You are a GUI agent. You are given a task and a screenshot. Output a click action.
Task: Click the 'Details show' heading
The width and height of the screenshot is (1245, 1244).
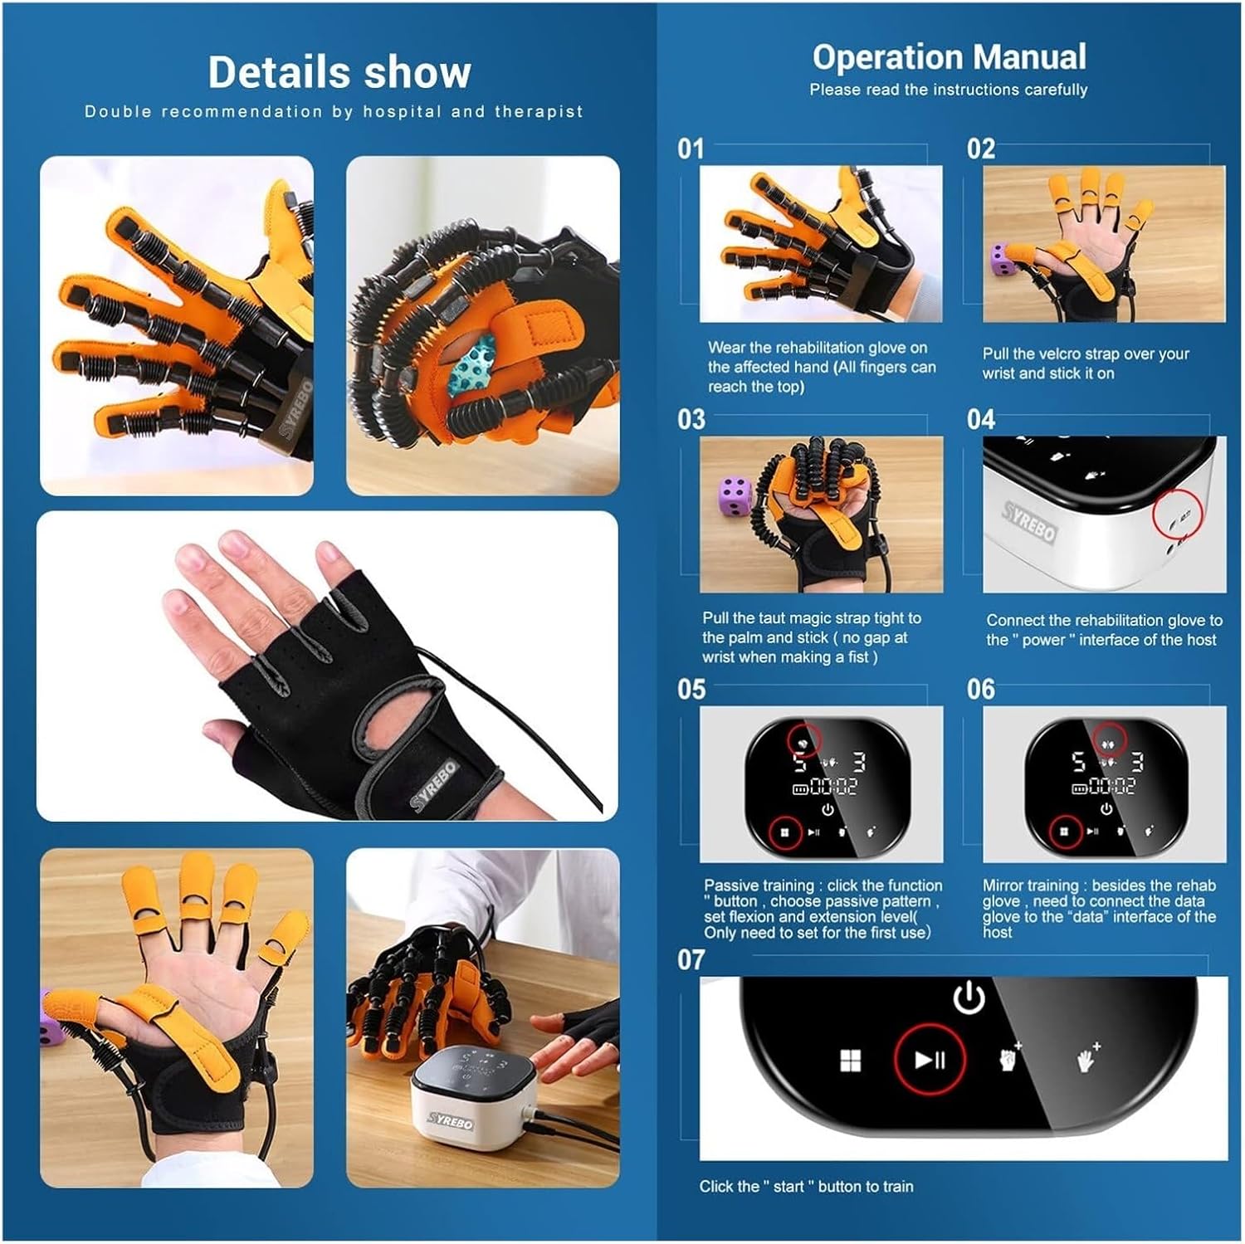pyautogui.click(x=339, y=72)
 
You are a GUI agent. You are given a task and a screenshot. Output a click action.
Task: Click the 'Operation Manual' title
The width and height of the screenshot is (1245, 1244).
pyautogui.click(x=949, y=57)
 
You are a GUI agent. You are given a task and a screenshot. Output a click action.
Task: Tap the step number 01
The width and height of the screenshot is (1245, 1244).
pyautogui.click(x=691, y=149)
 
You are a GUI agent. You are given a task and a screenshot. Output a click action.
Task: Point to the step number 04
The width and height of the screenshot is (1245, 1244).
pyautogui.click(x=980, y=419)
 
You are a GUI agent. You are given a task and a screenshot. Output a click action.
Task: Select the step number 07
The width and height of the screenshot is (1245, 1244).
pyautogui.click(x=691, y=960)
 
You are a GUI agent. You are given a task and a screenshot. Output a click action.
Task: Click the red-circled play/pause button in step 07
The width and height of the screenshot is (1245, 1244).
pyautogui.click(x=929, y=1060)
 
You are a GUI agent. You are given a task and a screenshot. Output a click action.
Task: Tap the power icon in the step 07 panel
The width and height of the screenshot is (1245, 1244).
pyautogui.click(x=969, y=998)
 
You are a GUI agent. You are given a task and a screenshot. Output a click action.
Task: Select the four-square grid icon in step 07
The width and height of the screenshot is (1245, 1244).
pyautogui.click(x=850, y=1061)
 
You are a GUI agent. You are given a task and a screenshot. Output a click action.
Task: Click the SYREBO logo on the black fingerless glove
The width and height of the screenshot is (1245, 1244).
pyautogui.click(x=433, y=785)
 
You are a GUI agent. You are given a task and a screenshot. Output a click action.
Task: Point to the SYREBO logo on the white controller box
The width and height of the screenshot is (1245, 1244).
pyautogui.click(x=451, y=1120)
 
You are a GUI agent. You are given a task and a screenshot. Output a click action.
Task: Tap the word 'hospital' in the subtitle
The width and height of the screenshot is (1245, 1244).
pyautogui.click(x=402, y=111)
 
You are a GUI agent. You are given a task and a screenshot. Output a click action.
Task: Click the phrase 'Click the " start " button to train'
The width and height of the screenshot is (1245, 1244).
pyautogui.click(x=806, y=1187)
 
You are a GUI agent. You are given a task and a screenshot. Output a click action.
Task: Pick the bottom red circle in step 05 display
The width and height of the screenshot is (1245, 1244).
pyautogui.click(x=784, y=832)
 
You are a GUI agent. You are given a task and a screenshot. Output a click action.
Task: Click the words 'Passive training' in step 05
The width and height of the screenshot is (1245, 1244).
pyautogui.click(x=759, y=885)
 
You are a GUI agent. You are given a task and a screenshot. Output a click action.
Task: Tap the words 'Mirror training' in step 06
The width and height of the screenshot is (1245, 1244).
pyautogui.click(x=1033, y=885)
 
